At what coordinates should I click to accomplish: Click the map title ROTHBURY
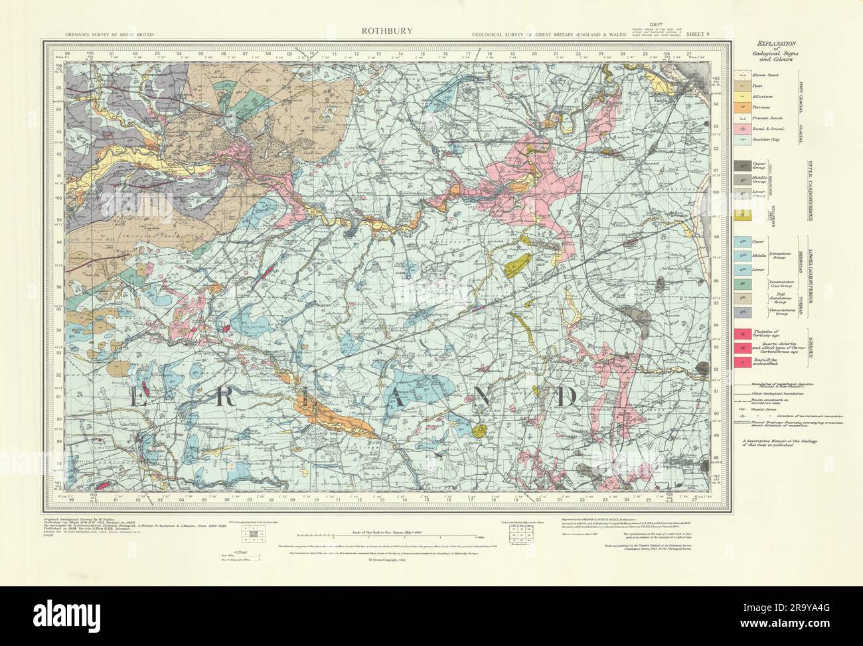click(x=378, y=30)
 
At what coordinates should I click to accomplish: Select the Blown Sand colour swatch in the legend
click(x=744, y=76)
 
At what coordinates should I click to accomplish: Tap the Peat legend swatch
click(x=744, y=87)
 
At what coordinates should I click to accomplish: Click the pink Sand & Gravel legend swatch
click(x=744, y=129)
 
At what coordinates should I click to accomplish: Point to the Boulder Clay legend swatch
click(x=744, y=141)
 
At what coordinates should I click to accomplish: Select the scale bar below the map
click(x=385, y=535)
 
